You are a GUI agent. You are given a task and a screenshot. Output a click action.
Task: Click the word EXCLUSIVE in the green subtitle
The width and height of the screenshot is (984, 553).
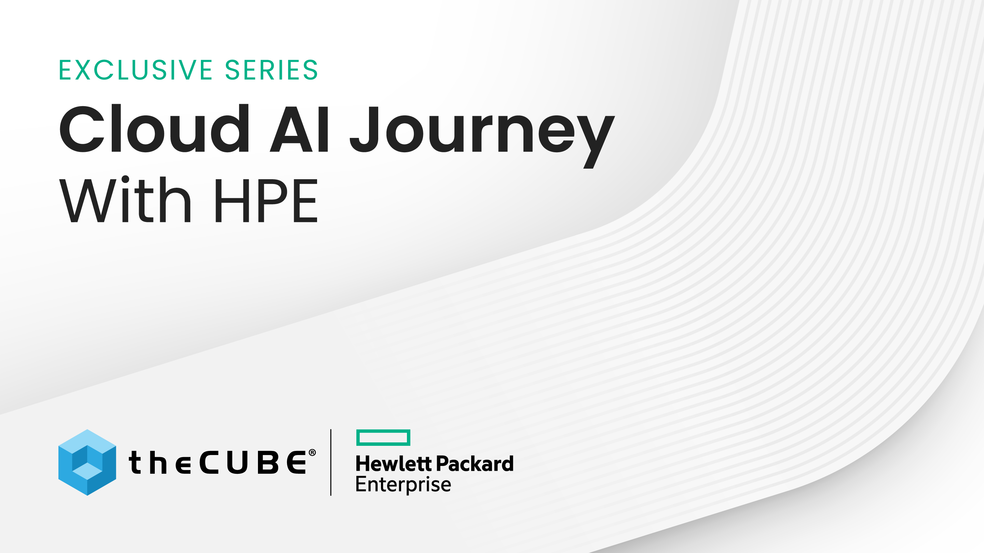click(x=136, y=70)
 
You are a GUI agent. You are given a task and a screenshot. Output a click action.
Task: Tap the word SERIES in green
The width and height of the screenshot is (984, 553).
click(x=272, y=70)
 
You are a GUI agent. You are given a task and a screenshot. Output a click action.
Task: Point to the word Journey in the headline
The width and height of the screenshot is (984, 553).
click(x=482, y=137)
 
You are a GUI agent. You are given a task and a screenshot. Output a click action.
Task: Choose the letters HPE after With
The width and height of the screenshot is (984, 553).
click(x=266, y=200)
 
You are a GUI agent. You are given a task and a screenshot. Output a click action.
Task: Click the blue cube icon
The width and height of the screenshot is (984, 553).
click(x=87, y=462)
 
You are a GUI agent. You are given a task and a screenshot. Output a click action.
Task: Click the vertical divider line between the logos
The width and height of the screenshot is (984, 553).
click(x=331, y=462)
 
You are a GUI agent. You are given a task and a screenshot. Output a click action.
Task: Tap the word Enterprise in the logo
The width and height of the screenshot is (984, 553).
click(x=404, y=485)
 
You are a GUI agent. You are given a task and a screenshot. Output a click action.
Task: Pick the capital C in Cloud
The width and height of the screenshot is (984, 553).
click(x=82, y=128)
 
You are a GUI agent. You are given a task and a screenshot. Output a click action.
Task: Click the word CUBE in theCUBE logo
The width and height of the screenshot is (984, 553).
click(x=253, y=463)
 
